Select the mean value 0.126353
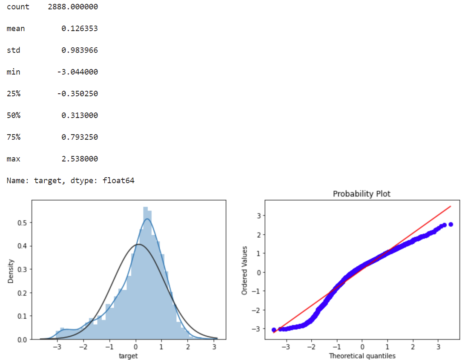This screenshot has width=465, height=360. (x=80, y=29)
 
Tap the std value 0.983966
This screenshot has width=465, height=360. (x=80, y=50)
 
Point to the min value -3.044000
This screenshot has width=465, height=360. (x=77, y=72)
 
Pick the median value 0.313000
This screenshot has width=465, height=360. (x=80, y=115)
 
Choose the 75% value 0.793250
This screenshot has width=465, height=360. (x=80, y=137)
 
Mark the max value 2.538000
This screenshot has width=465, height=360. (x=80, y=159)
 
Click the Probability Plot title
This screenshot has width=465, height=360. (x=362, y=194)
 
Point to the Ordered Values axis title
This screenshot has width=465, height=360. (x=244, y=270)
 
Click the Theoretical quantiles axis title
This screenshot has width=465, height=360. (x=362, y=356)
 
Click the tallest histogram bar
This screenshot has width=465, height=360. (x=146, y=273)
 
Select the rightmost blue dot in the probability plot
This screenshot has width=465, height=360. (x=451, y=224)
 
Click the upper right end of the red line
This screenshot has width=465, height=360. (x=451, y=207)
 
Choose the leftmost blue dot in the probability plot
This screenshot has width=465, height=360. (x=274, y=330)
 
